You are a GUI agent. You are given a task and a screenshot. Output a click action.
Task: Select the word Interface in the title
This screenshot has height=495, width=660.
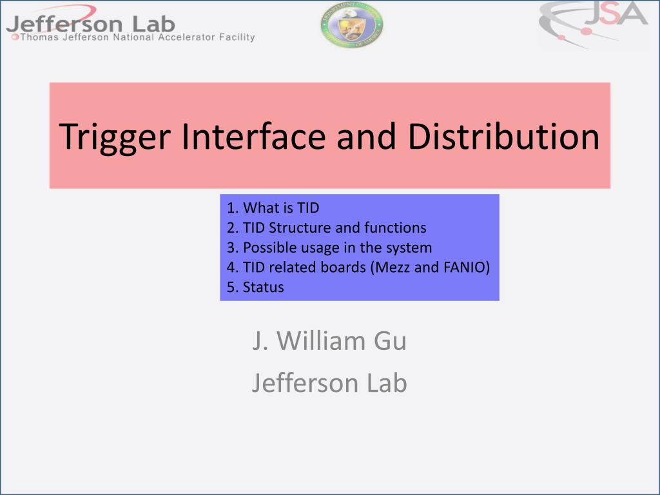pyautogui.click(x=254, y=136)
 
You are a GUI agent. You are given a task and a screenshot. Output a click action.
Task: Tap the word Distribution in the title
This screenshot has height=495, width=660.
pyautogui.click(x=503, y=136)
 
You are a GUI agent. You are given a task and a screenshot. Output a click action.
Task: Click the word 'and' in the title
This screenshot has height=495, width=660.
pyautogui.click(x=367, y=136)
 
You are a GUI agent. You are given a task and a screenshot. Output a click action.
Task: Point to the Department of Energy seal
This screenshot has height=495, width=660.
pyautogui.click(x=352, y=24)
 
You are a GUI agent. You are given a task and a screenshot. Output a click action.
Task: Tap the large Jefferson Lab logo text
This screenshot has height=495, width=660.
pyautogui.click(x=91, y=24)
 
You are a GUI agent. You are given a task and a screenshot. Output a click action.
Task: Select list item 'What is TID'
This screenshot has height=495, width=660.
pyautogui.click(x=273, y=208)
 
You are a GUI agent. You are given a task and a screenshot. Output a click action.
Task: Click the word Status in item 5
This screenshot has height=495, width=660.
pyautogui.click(x=264, y=287)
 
